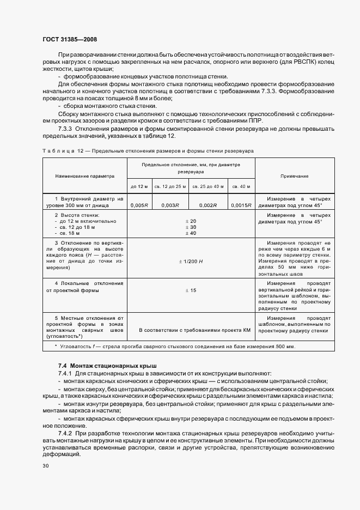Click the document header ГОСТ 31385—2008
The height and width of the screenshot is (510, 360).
click(x=70, y=40)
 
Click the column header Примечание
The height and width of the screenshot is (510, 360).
click(x=294, y=177)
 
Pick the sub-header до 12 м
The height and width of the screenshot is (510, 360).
click(x=139, y=186)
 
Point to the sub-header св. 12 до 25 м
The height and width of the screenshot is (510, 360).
click(x=170, y=186)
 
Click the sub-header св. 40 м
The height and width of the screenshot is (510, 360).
click(x=241, y=186)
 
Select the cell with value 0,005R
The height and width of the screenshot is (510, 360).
click(x=139, y=205)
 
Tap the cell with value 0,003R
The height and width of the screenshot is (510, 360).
click(x=170, y=205)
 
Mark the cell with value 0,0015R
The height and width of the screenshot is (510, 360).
click(x=241, y=205)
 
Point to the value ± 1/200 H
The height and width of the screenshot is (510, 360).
click(x=191, y=262)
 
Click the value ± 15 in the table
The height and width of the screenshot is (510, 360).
click(x=191, y=290)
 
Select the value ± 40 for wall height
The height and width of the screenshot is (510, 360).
click(x=191, y=233)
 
